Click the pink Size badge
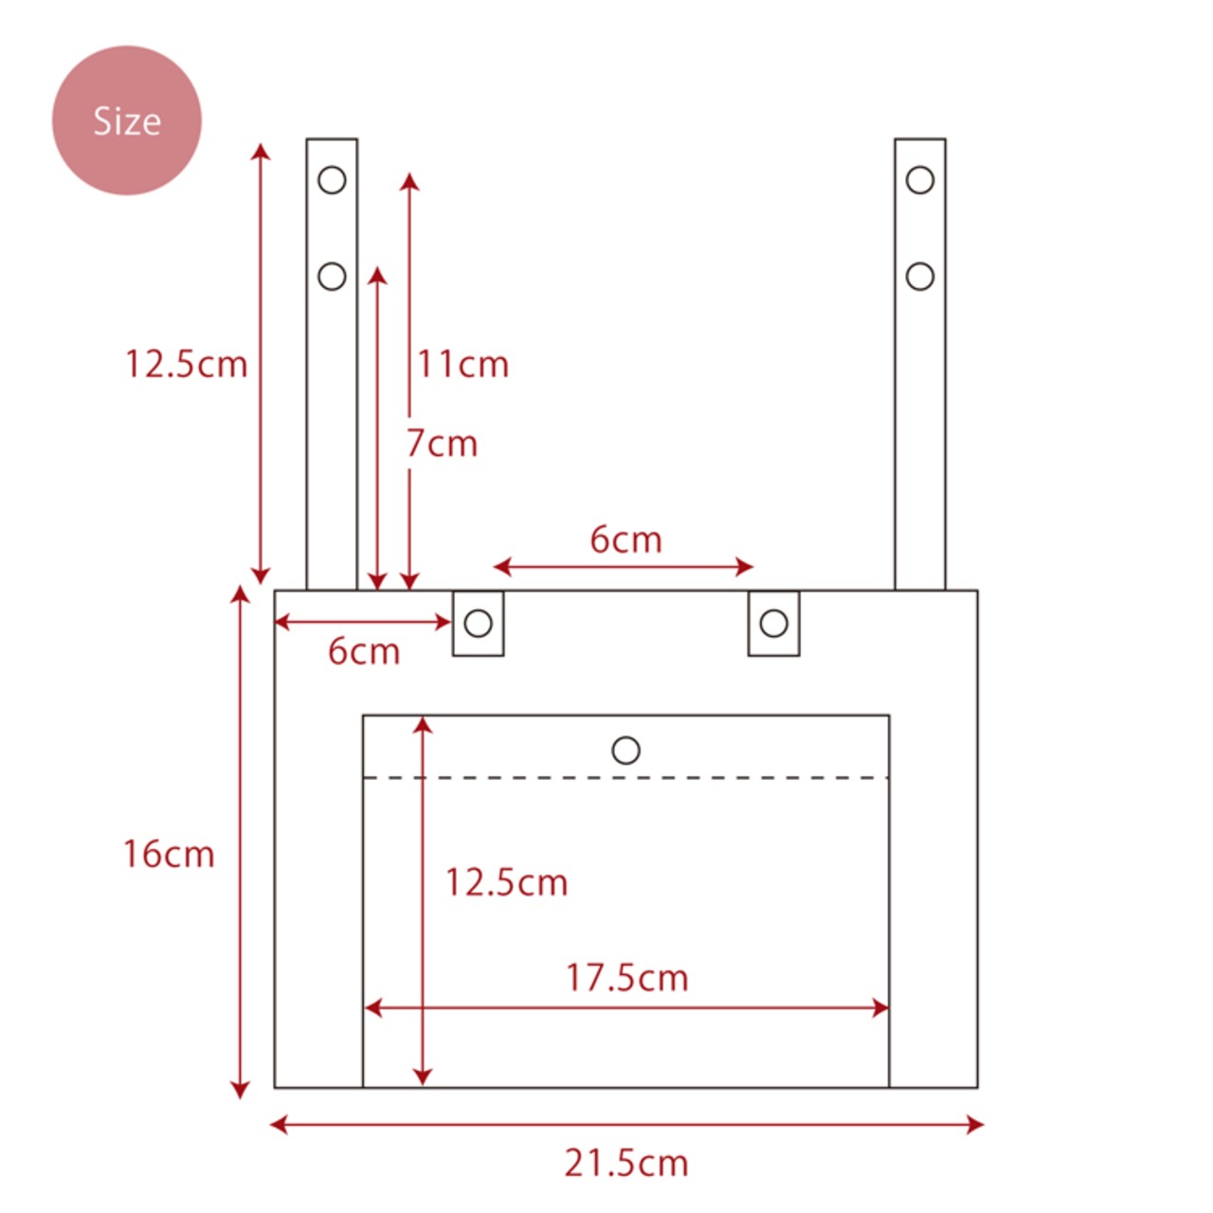pyautogui.click(x=127, y=120)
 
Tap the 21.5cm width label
pyautogui.click(x=626, y=1164)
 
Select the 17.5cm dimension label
pyautogui.click(x=627, y=978)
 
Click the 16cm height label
pyautogui.click(x=169, y=854)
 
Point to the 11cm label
pyautogui.click(x=462, y=364)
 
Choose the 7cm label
pyautogui.click(x=442, y=444)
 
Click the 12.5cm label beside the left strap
pyautogui.click(x=187, y=364)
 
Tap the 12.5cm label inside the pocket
pyautogui.click(x=506, y=882)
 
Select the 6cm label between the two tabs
pyautogui.click(x=625, y=539)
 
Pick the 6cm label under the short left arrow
pyautogui.click(x=364, y=651)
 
